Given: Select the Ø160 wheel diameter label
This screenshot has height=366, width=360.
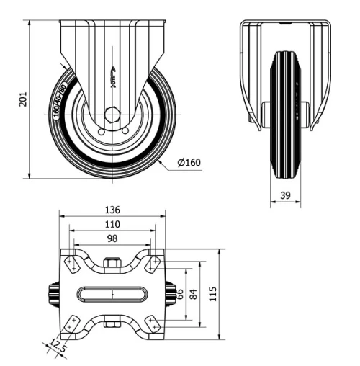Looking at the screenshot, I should pyautogui.click(x=188, y=163).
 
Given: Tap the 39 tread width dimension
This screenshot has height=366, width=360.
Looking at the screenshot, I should pyautogui.click(x=285, y=195).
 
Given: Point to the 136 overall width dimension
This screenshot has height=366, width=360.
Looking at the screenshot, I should pyautogui.click(x=112, y=210).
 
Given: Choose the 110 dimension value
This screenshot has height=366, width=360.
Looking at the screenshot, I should pyautogui.click(x=112, y=225).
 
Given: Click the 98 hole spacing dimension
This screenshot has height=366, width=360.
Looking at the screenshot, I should pyautogui.click(x=112, y=238).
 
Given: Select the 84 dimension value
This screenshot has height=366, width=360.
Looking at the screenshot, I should pyautogui.click(x=194, y=294).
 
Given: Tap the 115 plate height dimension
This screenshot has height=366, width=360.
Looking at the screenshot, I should pyautogui.click(x=212, y=294).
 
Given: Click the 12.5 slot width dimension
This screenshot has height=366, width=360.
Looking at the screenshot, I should pyautogui.click(x=58, y=347).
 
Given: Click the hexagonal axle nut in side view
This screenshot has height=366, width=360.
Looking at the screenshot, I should pyautogui.click(x=112, y=115).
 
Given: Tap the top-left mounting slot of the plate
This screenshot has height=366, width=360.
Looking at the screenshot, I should pyautogui.click(x=72, y=264).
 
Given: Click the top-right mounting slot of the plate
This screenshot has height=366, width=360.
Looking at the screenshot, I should pyautogui.click(x=153, y=264).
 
